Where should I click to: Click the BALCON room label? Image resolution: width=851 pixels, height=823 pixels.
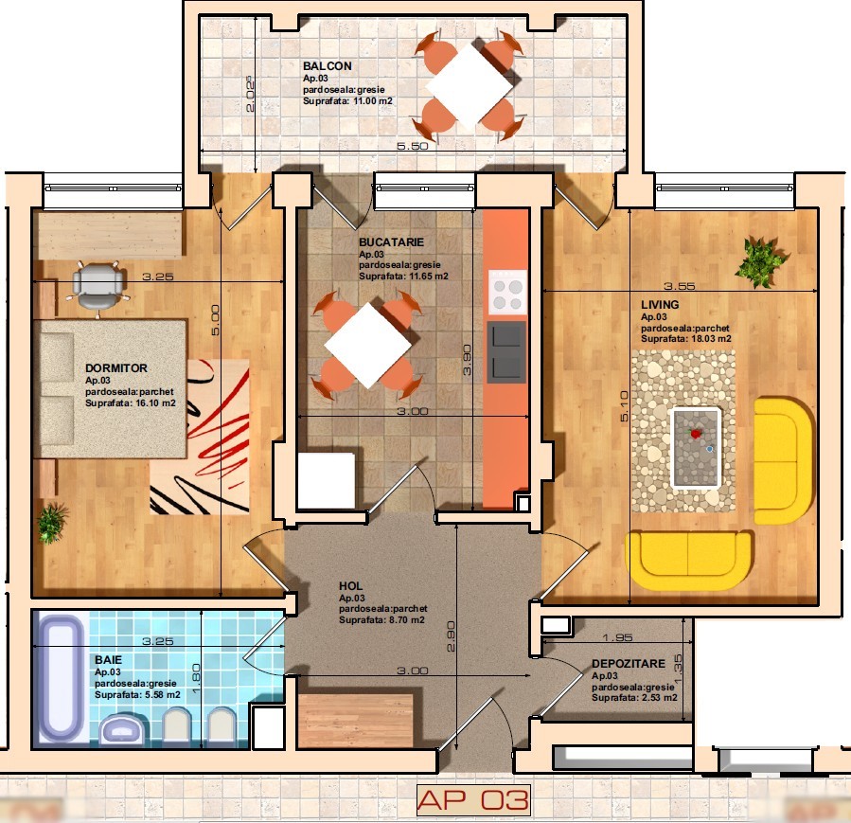tap(328, 66)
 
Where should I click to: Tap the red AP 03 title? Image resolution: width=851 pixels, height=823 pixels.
tap(472, 799)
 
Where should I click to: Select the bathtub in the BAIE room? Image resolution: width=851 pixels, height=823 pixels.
tap(61, 679)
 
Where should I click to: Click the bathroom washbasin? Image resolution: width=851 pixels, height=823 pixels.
tap(124, 729)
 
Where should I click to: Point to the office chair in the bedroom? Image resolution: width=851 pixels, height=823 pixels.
tap(98, 288)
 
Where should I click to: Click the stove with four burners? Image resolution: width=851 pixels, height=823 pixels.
tap(507, 292)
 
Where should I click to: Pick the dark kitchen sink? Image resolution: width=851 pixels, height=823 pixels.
tap(506, 351)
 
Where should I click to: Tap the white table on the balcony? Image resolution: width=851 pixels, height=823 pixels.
tap(470, 86)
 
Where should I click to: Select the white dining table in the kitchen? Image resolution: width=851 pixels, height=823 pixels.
tap(368, 346)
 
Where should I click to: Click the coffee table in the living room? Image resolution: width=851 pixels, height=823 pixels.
tap(697, 448)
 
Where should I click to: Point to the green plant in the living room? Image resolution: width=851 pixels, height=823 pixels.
tap(760, 261)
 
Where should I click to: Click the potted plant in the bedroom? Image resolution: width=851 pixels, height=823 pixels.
tap(53, 523)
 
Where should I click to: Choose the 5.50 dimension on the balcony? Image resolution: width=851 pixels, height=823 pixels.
tap(413, 146)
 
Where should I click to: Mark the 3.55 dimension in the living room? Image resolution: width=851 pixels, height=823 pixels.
tap(679, 286)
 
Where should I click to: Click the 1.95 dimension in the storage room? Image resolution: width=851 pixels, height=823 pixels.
tap(617, 637)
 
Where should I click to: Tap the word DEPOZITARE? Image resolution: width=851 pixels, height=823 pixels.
tap(628, 663)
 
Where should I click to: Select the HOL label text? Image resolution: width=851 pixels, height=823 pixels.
tap(350, 586)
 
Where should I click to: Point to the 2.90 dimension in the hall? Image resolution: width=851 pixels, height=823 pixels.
tap(451, 636)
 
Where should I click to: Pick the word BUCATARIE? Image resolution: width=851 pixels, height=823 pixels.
tap(391, 242)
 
